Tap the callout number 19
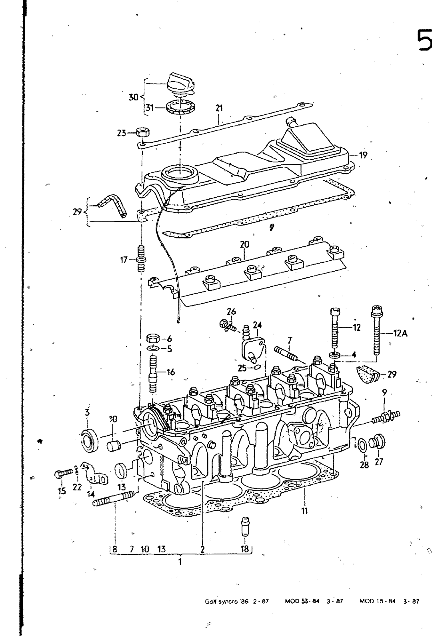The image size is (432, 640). pyautogui.click(x=363, y=155)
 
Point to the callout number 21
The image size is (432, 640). pyautogui.click(x=219, y=108)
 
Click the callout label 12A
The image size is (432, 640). pyautogui.click(x=400, y=333)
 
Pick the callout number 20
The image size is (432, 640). pyautogui.click(x=244, y=244)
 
